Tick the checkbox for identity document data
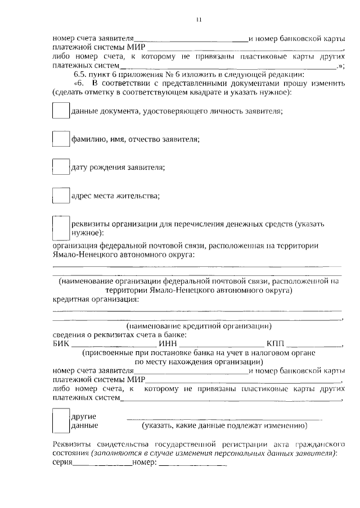(x=60, y=111)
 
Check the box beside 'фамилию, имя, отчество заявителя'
(x=60, y=139)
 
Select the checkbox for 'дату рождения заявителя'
(x=60, y=167)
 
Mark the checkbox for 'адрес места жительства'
(x=60, y=195)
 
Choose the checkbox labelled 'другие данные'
(x=60, y=420)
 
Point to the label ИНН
(x=168, y=344)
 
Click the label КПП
(x=276, y=344)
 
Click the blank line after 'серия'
(x=102, y=466)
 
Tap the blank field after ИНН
(x=220, y=345)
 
